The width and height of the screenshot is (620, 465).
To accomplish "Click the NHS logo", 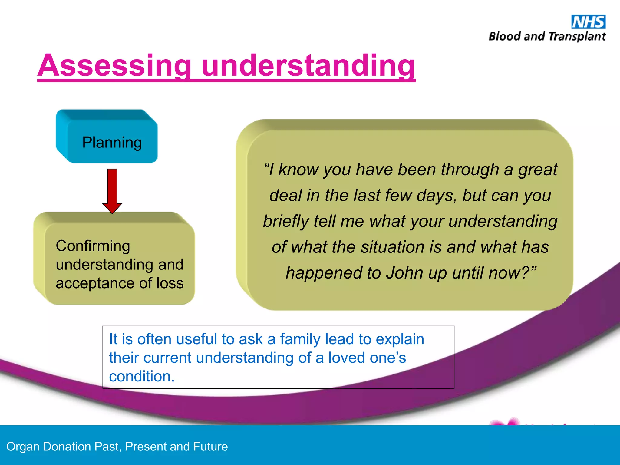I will tap(588, 22).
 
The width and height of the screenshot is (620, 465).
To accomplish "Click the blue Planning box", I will tap(112, 142).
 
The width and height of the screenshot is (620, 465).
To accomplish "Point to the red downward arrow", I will tap(112, 191).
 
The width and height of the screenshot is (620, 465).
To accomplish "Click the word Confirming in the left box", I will tap(93, 246).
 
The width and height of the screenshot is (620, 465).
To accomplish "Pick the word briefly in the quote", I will tap(285, 221).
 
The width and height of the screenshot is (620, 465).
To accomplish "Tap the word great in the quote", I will tap(538, 170).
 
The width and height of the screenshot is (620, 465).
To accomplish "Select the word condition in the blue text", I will tap(141, 377).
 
